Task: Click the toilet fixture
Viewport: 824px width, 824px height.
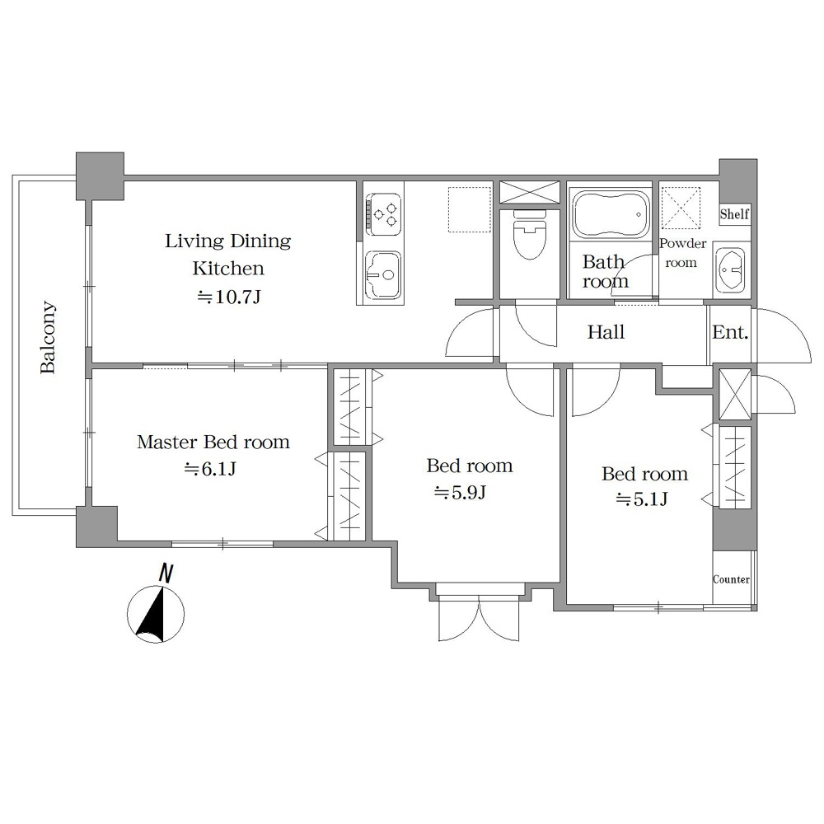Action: click(x=529, y=234)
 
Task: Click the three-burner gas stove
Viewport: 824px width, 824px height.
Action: click(x=384, y=214)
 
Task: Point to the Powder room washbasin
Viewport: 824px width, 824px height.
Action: click(x=730, y=270)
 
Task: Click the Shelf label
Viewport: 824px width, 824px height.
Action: click(x=734, y=214)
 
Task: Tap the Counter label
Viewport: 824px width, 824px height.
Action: click(x=731, y=579)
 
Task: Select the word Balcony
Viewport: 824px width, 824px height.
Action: click(x=48, y=337)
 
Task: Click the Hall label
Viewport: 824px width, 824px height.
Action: click(x=606, y=332)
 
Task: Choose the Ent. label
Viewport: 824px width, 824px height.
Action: click(x=730, y=332)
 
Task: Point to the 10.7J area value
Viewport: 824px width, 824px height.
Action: click(x=228, y=297)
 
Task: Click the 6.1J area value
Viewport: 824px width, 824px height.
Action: click(x=209, y=468)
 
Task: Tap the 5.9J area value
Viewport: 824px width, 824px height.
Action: click(x=460, y=493)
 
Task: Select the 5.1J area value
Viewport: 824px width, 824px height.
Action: click(x=642, y=499)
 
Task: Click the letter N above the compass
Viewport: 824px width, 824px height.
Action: click(x=166, y=573)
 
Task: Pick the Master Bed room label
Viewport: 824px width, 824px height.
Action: click(x=213, y=442)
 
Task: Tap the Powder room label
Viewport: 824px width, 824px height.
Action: click(x=682, y=253)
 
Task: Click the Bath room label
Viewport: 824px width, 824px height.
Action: click(x=605, y=271)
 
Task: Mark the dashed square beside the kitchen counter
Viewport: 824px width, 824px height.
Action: click(x=470, y=209)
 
